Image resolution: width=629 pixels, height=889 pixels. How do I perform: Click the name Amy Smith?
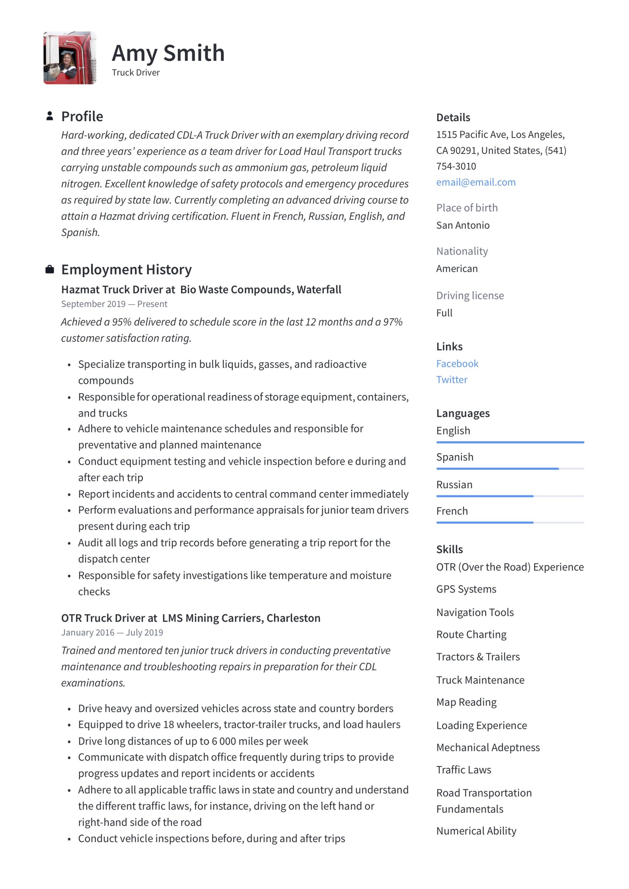(x=168, y=53)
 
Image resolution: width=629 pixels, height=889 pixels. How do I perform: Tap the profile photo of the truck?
(x=70, y=58)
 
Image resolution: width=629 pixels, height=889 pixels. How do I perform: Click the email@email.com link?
(x=475, y=182)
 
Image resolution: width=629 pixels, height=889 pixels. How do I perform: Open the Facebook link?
(x=457, y=364)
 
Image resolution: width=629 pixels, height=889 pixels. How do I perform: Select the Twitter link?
(x=451, y=380)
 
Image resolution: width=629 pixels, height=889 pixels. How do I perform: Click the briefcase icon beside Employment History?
(x=50, y=269)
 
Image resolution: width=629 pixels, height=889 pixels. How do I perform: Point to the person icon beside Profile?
(x=50, y=116)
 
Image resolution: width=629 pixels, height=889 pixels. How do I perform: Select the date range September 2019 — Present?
(x=114, y=304)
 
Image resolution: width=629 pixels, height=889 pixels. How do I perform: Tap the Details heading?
(x=453, y=117)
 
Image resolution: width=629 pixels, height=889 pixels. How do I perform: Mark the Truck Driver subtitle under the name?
(x=136, y=73)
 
